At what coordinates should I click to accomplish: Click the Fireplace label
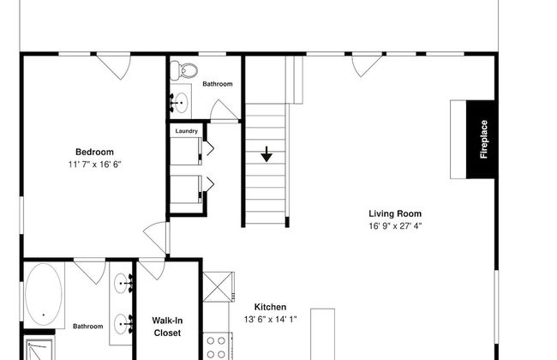(x=483, y=140)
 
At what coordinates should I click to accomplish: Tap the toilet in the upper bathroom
(x=183, y=70)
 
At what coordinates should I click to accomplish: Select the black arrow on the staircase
(x=267, y=154)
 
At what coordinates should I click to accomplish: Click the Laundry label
(x=187, y=131)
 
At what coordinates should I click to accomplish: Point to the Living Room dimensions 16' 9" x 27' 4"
(x=395, y=226)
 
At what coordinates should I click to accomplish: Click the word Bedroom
(x=95, y=152)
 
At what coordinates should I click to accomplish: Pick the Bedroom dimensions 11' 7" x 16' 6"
(x=95, y=165)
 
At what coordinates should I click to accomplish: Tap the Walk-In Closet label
(x=167, y=327)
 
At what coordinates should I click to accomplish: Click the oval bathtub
(x=44, y=293)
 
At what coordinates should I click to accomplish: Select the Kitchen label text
(x=270, y=307)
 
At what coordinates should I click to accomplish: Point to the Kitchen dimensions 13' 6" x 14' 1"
(x=270, y=320)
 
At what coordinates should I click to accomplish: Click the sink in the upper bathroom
(x=181, y=103)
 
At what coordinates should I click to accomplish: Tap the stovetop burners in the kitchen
(x=216, y=347)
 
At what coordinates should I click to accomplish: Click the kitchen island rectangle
(x=322, y=334)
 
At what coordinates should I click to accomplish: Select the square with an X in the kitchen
(x=218, y=287)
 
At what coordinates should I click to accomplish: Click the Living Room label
(x=395, y=214)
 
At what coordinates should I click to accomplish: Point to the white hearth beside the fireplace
(x=458, y=140)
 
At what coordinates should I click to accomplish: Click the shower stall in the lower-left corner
(x=39, y=349)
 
